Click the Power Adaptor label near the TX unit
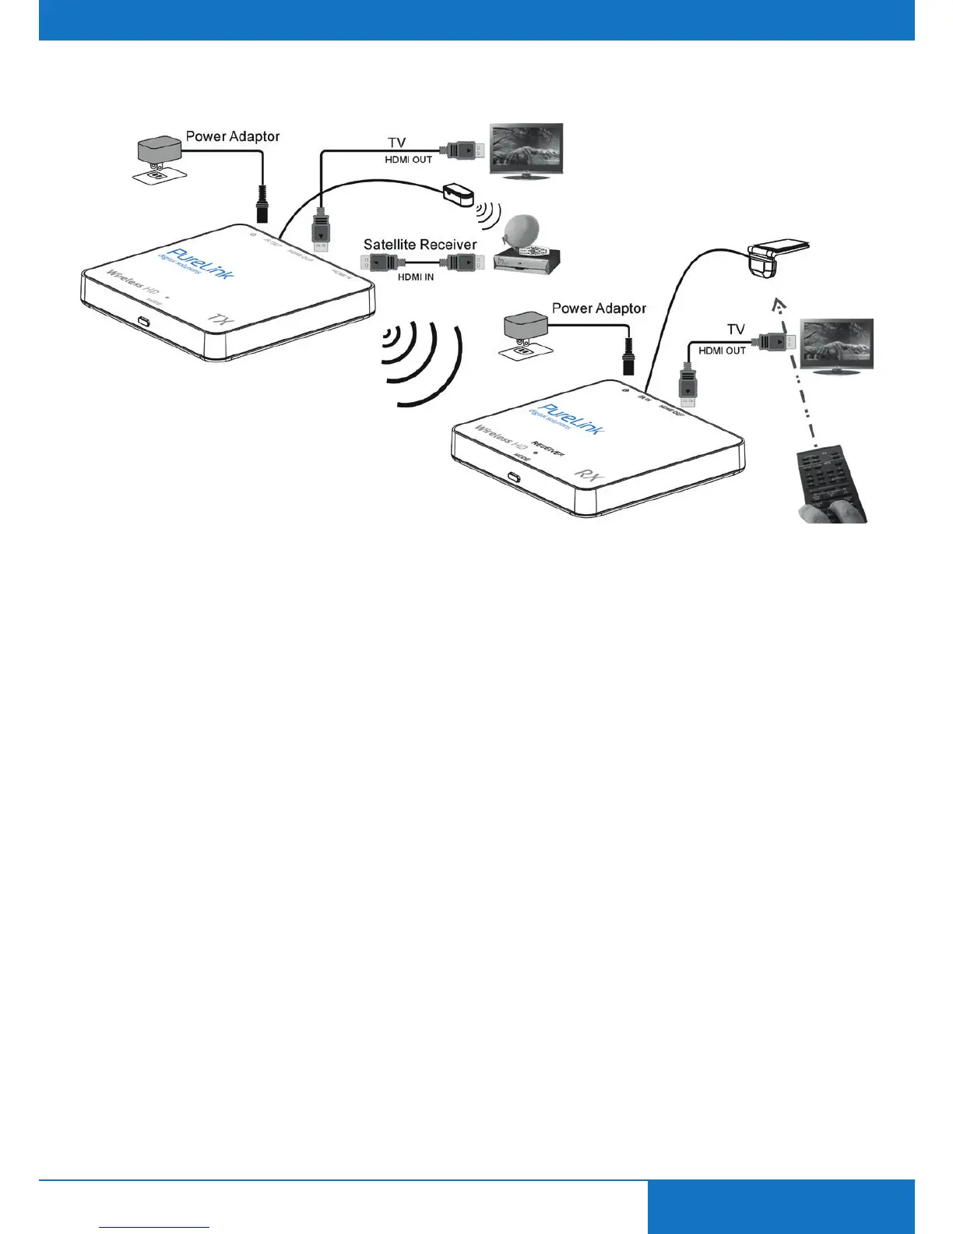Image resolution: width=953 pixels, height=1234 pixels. (x=232, y=136)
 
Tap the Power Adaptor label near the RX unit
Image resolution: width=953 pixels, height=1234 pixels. (x=599, y=308)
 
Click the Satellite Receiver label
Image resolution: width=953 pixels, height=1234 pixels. (x=420, y=245)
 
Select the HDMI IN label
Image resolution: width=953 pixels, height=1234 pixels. (x=416, y=277)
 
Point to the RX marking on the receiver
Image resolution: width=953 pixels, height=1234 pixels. (x=589, y=476)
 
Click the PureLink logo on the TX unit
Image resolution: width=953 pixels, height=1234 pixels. (x=200, y=264)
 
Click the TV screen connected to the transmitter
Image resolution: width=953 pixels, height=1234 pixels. (x=525, y=150)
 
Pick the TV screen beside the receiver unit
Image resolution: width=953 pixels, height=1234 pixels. (x=837, y=344)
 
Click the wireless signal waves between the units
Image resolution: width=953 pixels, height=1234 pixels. (x=420, y=362)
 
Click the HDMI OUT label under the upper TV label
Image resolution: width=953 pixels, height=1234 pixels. (x=408, y=160)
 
